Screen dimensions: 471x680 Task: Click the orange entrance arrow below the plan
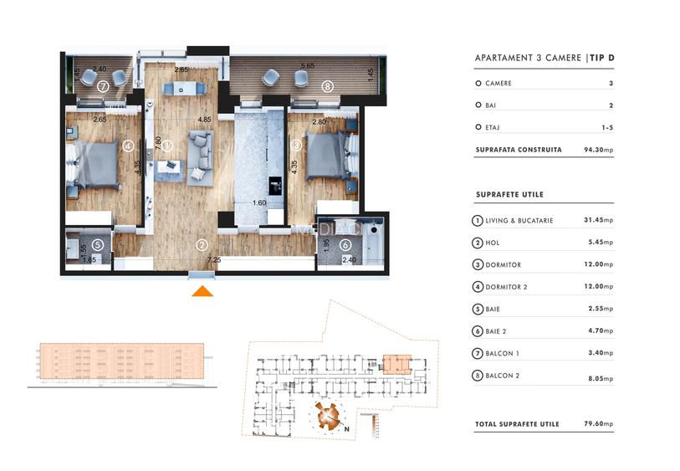pos(202,290)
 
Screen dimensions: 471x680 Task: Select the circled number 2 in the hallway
pos(202,245)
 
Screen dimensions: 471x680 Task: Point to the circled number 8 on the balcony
pos(327,85)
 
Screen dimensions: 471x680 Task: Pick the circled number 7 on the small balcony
pos(103,85)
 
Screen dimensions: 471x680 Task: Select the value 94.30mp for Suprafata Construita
pos(598,151)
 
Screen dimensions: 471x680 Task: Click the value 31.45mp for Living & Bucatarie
pos(598,221)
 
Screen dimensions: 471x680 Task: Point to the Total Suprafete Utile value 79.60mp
pos(598,424)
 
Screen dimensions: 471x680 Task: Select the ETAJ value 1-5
pos(606,128)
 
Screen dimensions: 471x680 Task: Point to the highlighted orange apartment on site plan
pos(396,364)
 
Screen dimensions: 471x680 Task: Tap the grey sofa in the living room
pos(200,151)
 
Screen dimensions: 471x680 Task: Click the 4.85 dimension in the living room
pos(203,120)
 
